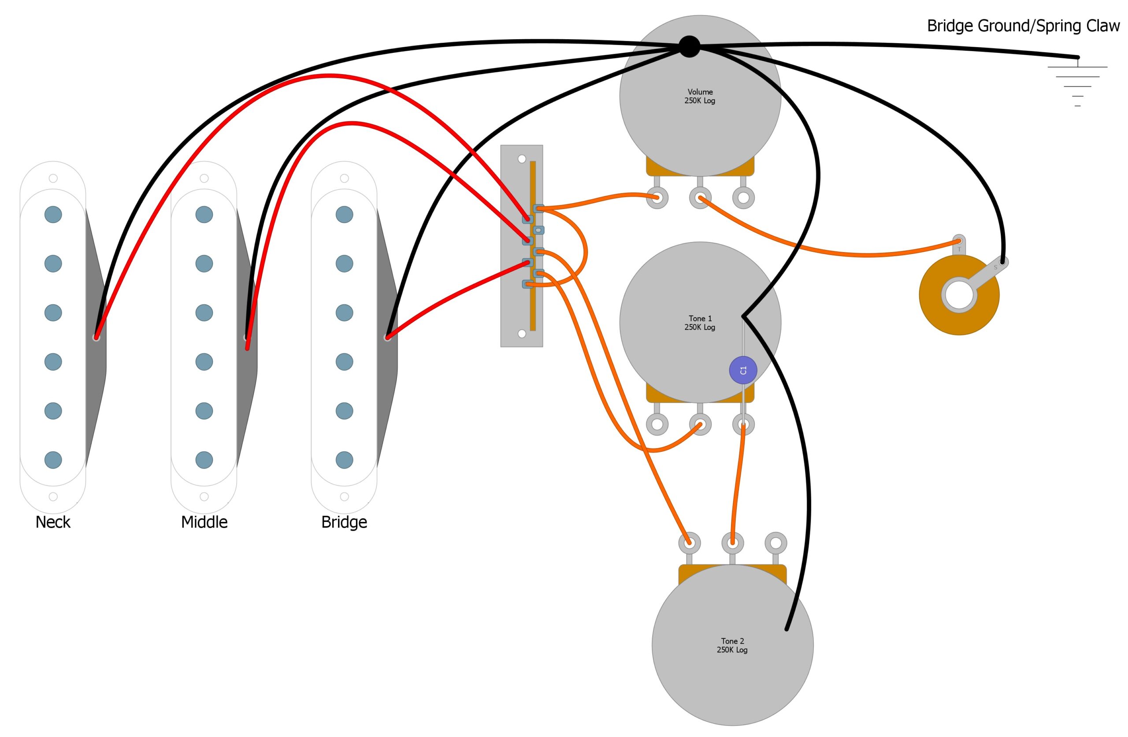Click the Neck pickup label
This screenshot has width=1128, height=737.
tap(52, 522)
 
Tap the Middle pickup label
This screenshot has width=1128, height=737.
tap(204, 522)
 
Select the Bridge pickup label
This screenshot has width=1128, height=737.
tap(344, 522)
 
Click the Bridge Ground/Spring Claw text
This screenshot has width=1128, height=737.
tap(1023, 26)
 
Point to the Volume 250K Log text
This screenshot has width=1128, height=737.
tap(700, 96)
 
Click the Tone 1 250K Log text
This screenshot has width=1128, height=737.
tap(700, 323)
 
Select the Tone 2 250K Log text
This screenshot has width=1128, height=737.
tap(732, 645)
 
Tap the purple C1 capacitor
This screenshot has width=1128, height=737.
tap(743, 370)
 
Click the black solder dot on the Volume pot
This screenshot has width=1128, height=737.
tap(689, 46)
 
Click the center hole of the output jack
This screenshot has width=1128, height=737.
tap(959, 295)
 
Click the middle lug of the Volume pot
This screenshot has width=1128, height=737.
tap(700, 198)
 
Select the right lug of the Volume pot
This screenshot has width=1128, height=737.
tap(743, 198)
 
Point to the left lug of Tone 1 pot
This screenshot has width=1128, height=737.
tap(657, 424)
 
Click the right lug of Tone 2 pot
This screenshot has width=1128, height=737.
tap(776, 543)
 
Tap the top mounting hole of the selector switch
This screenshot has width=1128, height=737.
tap(522, 159)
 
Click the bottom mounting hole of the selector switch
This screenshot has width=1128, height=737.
tap(522, 334)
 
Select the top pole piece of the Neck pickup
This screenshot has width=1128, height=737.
tap(53, 214)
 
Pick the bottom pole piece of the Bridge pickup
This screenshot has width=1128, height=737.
tap(344, 460)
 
